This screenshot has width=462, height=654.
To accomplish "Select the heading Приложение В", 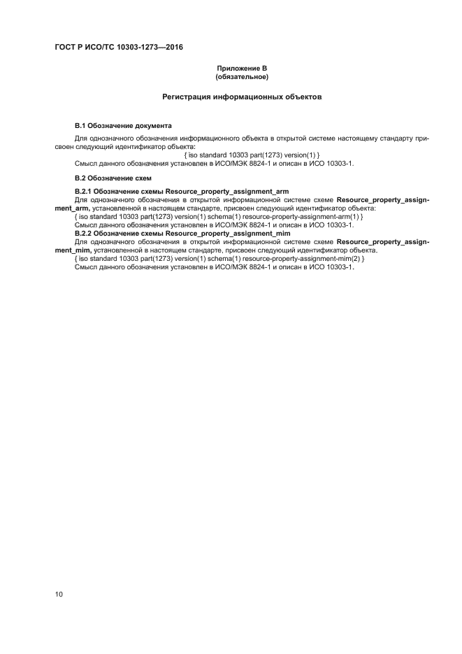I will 242,68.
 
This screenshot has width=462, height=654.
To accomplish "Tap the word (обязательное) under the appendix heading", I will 242,76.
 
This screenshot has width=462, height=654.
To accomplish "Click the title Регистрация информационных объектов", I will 242,97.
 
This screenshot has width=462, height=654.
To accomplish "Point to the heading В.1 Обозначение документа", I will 123,125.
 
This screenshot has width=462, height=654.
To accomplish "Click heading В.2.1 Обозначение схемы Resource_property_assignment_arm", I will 182,191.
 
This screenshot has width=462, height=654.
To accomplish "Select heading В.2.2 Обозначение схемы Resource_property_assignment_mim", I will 182,233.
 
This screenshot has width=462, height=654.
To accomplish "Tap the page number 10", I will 59,595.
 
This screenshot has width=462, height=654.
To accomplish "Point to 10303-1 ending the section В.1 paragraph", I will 338,163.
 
